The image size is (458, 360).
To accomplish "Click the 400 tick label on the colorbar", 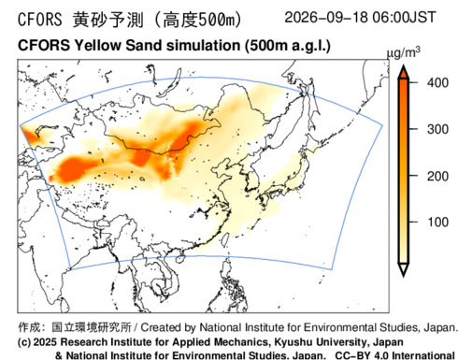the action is [x=437, y=83].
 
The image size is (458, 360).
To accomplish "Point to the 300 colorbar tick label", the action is [x=437, y=129].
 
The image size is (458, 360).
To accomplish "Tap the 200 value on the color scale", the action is [x=437, y=176].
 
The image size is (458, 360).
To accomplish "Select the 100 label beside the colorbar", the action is [x=437, y=223].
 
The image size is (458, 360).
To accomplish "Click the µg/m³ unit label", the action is [x=403, y=52].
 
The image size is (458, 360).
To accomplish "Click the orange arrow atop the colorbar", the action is [x=404, y=72].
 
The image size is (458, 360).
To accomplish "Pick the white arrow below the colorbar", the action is [x=404, y=269].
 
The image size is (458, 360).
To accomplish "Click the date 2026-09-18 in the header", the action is [x=326, y=17].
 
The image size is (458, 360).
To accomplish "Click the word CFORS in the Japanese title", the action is [x=40, y=20].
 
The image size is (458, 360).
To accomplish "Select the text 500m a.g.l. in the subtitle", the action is [x=287, y=46].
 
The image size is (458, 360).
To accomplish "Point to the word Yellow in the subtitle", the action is [x=97, y=46].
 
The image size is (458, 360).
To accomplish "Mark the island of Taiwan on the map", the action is [x=225, y=238].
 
